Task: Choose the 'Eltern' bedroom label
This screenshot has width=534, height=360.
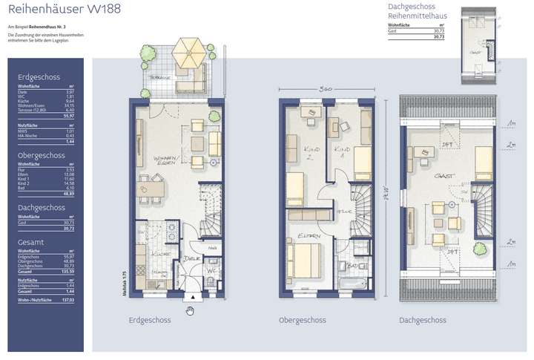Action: click(310, 237)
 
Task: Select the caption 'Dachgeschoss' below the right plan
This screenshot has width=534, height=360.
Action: click(422, 321)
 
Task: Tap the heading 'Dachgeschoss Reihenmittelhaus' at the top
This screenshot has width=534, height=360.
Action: click(415, 13)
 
